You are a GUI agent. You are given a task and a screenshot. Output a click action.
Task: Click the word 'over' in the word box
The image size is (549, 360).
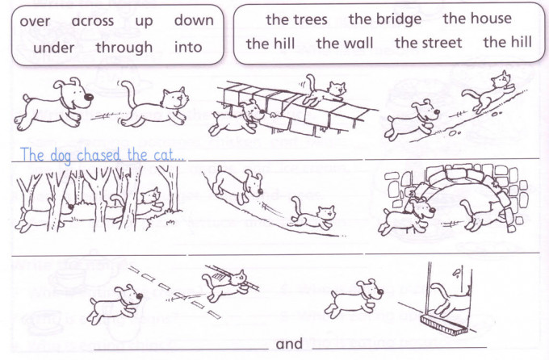pos(35,22)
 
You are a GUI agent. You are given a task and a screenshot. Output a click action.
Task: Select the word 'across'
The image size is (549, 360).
pos(92,21)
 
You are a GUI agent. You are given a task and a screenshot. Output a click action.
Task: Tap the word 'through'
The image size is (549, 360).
pos(124,48)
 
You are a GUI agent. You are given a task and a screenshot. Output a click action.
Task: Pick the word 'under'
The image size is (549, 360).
pos(53,48)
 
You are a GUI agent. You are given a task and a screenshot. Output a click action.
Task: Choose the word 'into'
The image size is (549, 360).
pos(188,47)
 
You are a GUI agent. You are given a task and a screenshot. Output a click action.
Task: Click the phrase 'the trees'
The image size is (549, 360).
pos(296,19)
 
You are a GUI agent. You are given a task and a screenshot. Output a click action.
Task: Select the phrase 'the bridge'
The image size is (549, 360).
pos(385,19)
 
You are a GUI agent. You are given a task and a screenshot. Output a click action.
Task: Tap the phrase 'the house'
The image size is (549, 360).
pos(477,19)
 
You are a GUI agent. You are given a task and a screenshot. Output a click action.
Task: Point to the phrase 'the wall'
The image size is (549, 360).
pos(345,44)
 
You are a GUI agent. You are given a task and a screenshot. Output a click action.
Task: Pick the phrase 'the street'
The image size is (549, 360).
pos(429,43)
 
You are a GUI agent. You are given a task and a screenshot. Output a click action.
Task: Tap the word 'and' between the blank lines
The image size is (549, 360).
pos(289,344)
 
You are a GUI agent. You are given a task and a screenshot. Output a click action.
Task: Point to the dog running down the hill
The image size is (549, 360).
pos(237,185)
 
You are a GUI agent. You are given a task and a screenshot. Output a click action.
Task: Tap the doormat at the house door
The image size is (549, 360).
pos(445,324)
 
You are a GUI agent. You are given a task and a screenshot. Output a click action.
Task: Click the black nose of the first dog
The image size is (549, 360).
pos(90,97)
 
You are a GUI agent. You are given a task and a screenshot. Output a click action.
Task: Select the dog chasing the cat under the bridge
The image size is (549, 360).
pos(407,216)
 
